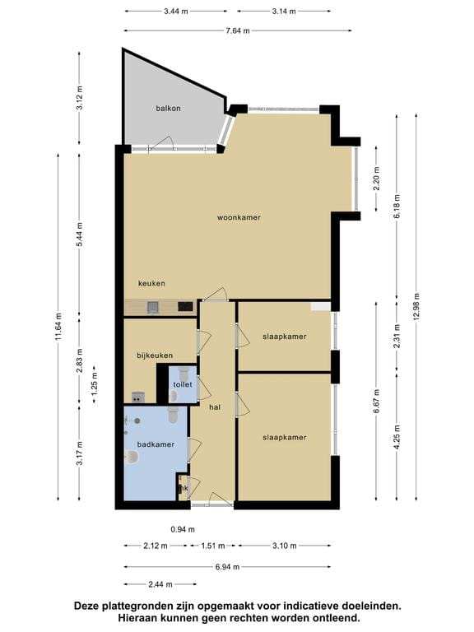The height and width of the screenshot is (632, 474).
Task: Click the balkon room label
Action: [168, 108]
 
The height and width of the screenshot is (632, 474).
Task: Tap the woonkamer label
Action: [239, 217]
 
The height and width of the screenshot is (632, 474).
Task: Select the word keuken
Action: [151, 283]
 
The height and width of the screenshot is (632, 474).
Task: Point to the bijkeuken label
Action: [155, 355]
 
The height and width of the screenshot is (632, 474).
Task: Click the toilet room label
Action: [183, 384]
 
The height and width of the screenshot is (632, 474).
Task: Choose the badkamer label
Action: [156, 444]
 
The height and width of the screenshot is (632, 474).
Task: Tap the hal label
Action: [215, 407]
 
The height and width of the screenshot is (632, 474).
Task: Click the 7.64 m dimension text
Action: [237, 30]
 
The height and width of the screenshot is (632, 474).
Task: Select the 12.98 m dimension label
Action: [416, 306]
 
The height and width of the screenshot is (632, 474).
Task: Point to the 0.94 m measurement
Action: [183, 529]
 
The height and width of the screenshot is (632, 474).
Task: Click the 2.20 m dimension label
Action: [376, 179]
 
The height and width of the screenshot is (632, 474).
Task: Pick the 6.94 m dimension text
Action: [227, 567]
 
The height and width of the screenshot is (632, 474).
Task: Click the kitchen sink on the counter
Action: [153, 308]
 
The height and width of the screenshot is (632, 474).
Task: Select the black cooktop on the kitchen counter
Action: [185, 306]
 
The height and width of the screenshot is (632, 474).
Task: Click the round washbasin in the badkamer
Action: [132, 457]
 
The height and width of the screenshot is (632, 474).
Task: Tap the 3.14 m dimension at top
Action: [284, 12]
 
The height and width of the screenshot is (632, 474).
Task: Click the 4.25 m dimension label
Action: [397, 437]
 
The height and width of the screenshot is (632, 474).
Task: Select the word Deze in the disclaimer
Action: [86, 606]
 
